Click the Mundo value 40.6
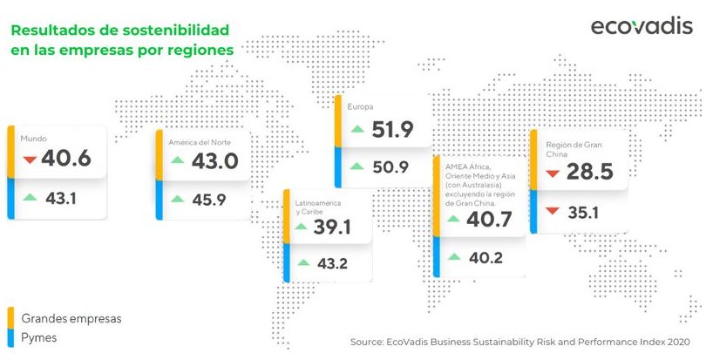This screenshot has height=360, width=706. coord(66,159)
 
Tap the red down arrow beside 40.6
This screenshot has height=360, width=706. coord(30,160)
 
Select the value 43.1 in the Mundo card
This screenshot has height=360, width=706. coord(61,199)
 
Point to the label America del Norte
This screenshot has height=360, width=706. coord(200,142)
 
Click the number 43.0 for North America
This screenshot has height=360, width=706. coord(214,161)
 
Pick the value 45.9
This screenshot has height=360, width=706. coord(209,200)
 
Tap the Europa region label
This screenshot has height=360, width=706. coord(360,107)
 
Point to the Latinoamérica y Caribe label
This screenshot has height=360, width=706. coord(318,207)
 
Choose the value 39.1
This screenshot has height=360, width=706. coord(332,227)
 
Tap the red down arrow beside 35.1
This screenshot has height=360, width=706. coord(552,211)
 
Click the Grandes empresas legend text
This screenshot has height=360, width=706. coord(71,318)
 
